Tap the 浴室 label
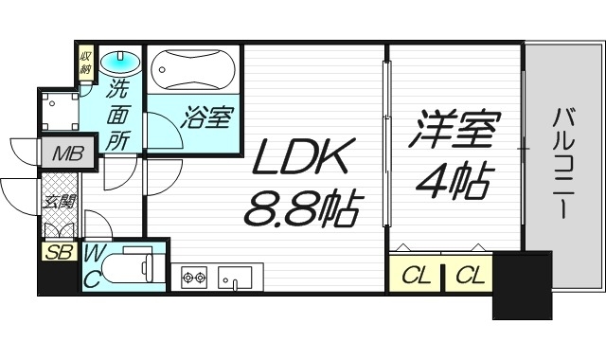click(x=206, y=119)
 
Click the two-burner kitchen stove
click(x=194, y=277)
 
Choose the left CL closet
click(x=414, y=276)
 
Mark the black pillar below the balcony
click(x=521, y=284)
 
